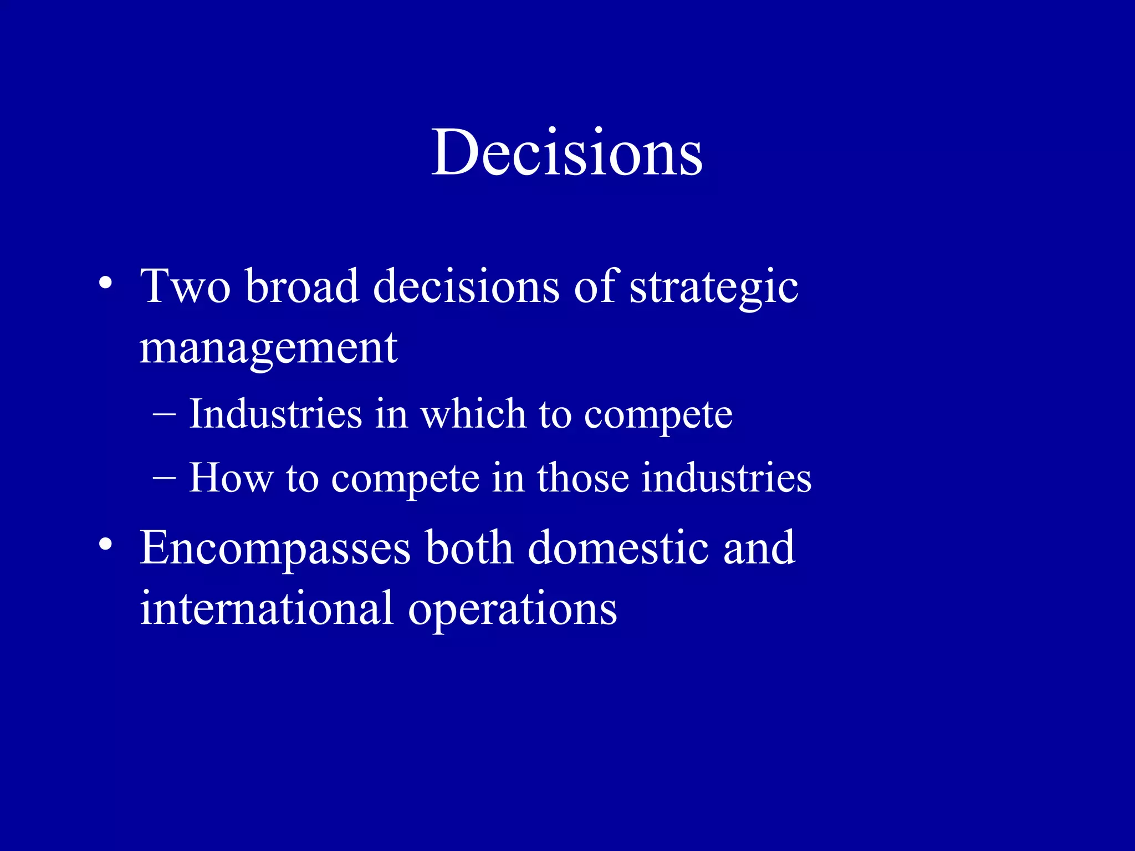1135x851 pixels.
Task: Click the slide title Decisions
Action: [567, 152]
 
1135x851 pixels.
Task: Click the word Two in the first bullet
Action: [185, 286]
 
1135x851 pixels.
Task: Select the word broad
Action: [302, 286]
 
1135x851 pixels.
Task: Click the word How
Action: [231, 478]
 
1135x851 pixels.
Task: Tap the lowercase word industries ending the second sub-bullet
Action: [726, 478]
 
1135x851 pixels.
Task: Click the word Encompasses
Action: [275, 548]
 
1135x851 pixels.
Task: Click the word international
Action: [267, 608]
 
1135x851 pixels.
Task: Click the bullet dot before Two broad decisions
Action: [105, 284]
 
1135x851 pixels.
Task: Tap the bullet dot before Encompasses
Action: [105, 545]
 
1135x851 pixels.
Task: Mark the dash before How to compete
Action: [164, 477]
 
